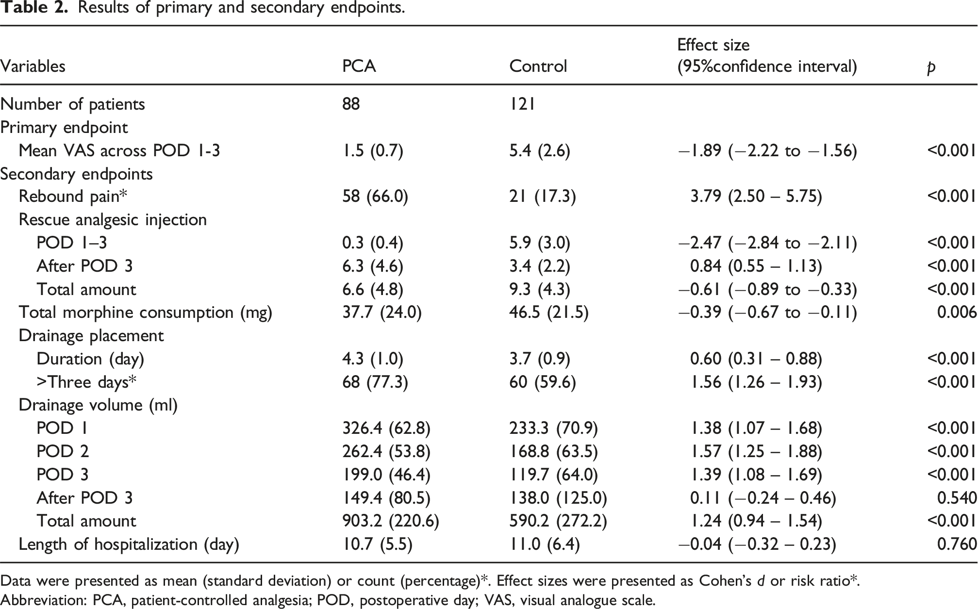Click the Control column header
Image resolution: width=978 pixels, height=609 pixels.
click(538, 66)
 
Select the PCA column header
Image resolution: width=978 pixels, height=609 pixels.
click(359, 66)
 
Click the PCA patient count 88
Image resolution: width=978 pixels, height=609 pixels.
click(351, 104)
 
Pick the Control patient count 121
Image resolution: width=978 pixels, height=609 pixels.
click(522, 104)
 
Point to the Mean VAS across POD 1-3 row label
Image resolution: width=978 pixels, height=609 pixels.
click(119, 150)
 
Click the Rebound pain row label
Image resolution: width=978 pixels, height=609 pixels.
click(73, 197)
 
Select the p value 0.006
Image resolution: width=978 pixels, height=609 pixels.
click(957, 313)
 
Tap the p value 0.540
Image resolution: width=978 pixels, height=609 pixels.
click(957, 498)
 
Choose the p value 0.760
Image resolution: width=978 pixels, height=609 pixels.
click(957, 544)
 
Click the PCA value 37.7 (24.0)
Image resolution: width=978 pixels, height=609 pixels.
click(382, 313)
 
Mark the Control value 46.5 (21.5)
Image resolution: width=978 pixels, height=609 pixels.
click(549, 313)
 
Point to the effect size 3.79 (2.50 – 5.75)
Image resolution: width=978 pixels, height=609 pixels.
click(756, 197)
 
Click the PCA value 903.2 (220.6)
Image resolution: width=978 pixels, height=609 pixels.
click(391, 521)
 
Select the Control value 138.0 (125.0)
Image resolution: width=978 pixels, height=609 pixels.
click(558, 498)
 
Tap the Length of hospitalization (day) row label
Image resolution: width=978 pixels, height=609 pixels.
click(129, 544)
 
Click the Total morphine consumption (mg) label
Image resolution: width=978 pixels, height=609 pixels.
click(146, 313)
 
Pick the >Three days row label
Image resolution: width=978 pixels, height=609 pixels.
click(86, 382)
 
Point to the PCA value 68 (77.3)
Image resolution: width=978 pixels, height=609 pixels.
click(375, 382)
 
